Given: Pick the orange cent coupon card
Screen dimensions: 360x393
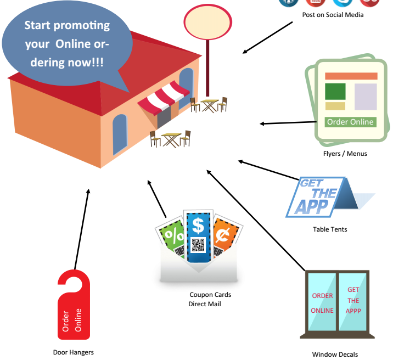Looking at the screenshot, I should click(225, 236).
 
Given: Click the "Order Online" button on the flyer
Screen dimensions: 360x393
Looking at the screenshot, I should click(350, 122).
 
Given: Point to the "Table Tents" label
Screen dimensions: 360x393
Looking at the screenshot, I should click(330, 229).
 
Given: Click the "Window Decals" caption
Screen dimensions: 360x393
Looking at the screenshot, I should click(335, 355).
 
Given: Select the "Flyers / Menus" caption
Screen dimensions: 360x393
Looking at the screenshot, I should click(345, 154).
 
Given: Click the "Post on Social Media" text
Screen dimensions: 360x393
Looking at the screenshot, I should click(333, 15).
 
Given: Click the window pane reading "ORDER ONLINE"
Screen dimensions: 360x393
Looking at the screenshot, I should click(322, 302).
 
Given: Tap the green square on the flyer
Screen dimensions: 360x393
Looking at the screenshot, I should click(335, 91).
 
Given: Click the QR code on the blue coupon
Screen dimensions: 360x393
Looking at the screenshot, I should click(198, 245).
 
